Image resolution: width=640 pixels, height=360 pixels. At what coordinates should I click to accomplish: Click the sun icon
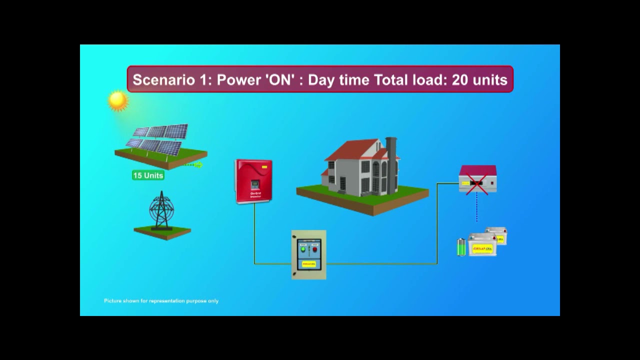click(118, 100)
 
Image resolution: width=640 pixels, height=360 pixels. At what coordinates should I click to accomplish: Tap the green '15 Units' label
click(148, 175)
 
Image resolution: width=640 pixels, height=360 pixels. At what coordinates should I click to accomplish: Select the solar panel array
click(159, 139)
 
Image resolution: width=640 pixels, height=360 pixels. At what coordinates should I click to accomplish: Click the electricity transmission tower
click(161, 210)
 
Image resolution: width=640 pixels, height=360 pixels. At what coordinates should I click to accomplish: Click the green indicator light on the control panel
click(303, 249)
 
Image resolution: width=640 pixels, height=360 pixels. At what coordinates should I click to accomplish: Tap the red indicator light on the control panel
click(315, 249)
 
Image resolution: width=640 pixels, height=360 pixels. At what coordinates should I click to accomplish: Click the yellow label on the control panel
click(309, 263)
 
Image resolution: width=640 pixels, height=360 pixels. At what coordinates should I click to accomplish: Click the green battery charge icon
click(461, 247)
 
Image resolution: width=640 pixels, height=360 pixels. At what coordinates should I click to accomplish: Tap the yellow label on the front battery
click(483, 248)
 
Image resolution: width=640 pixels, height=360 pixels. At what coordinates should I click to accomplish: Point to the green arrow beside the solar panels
click(198, 164)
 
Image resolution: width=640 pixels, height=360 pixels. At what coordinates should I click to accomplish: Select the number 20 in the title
click(461, 80)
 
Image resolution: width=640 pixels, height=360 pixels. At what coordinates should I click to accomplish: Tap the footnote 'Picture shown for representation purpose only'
click(161, 301)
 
